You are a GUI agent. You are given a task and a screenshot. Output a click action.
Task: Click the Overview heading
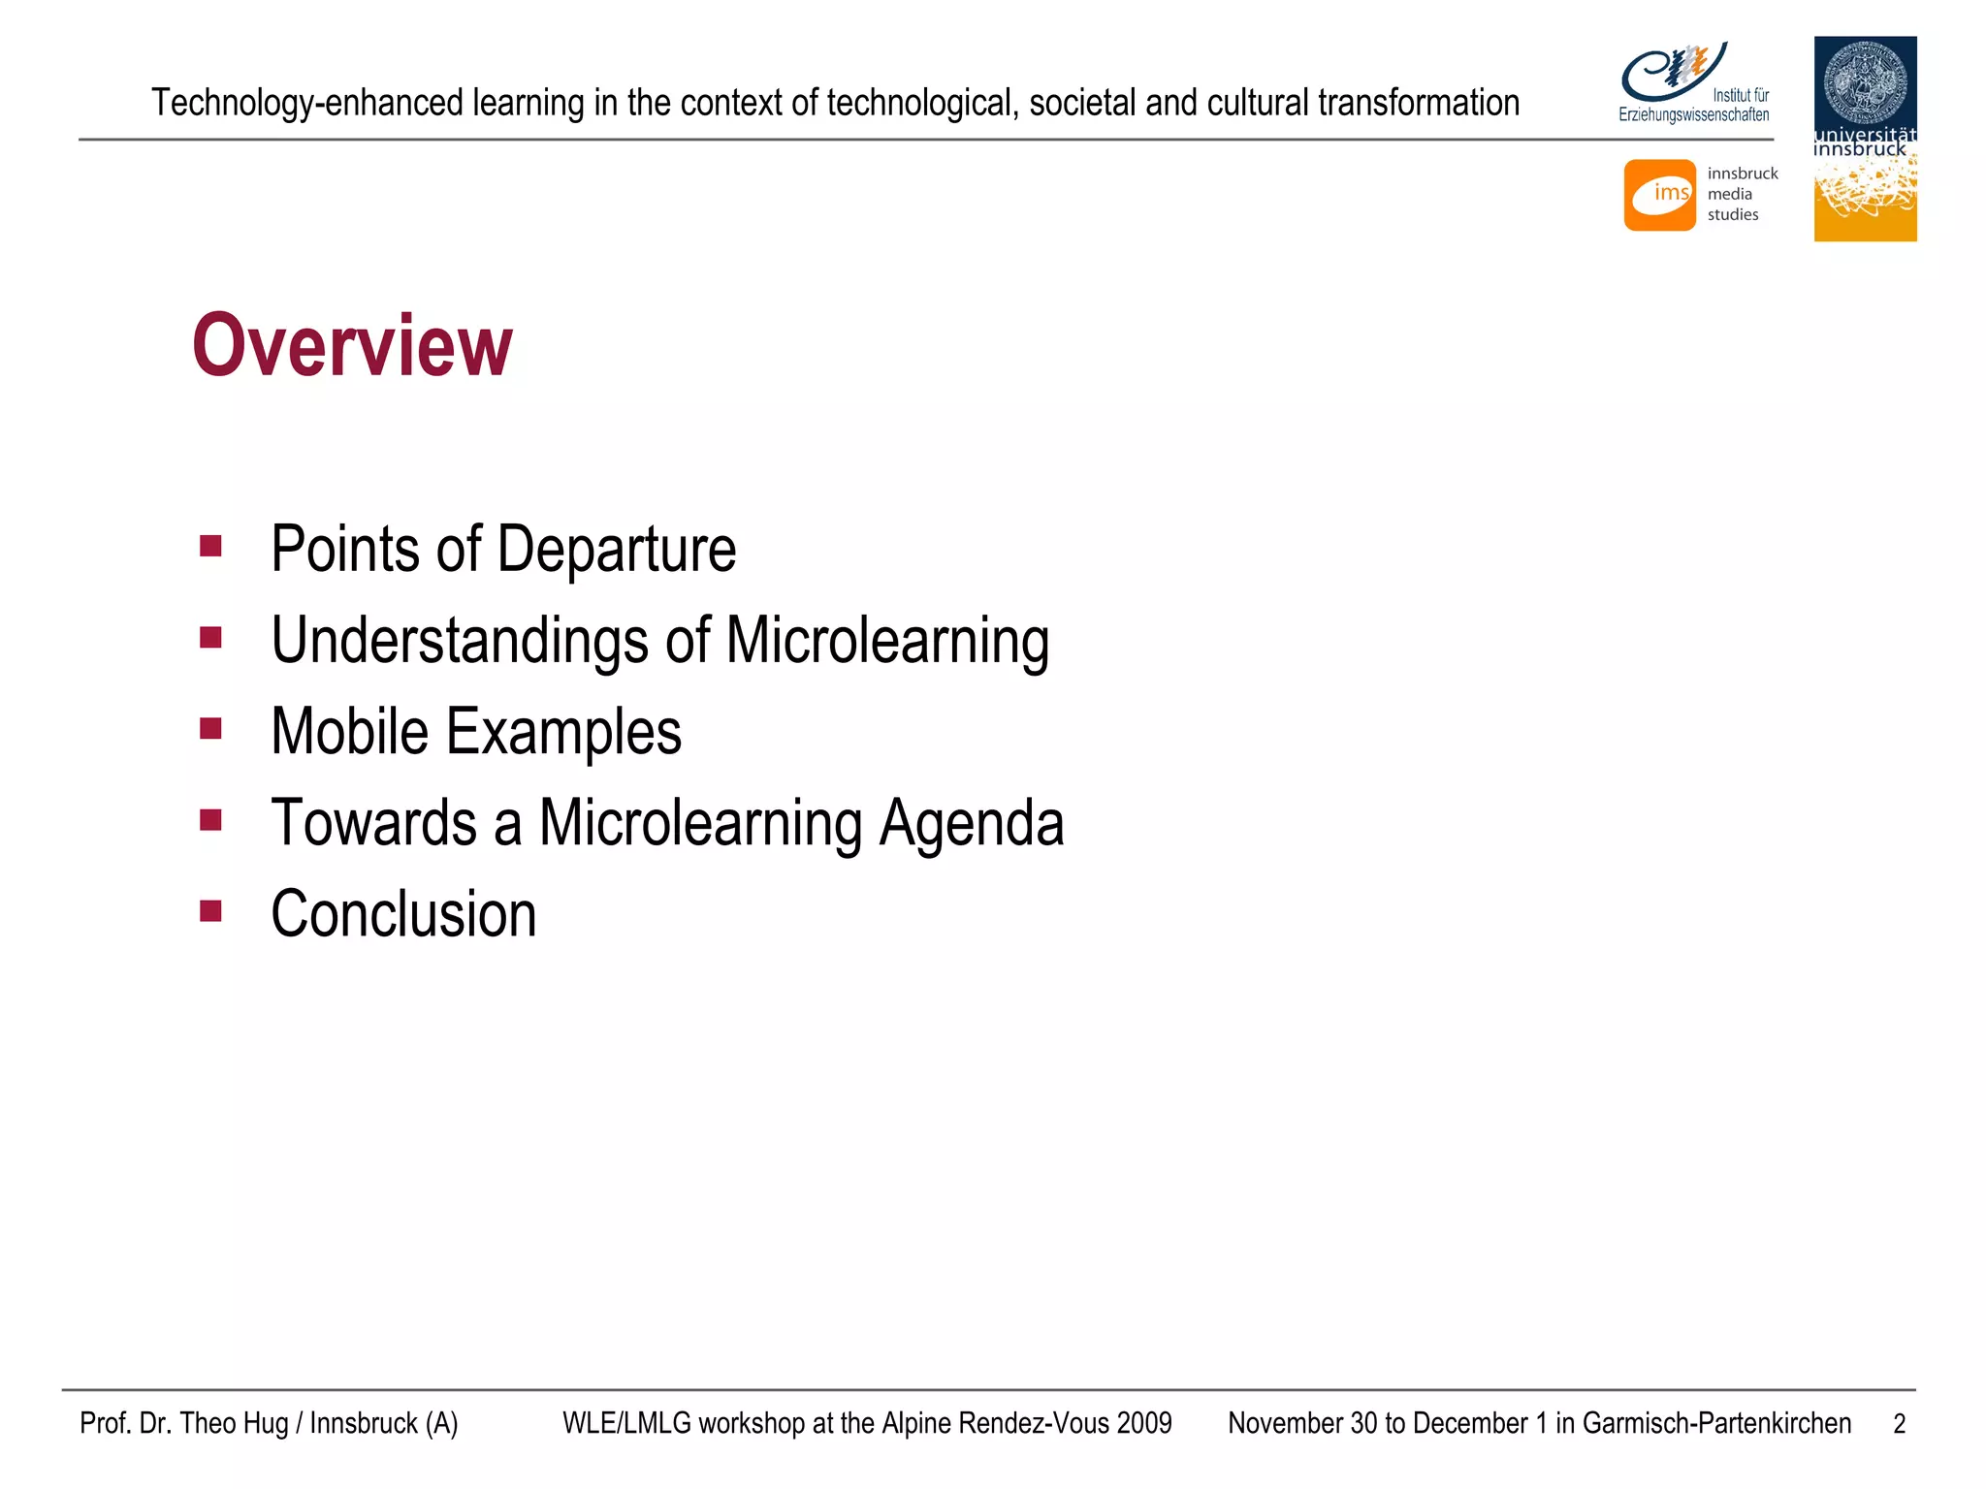(x=352, y=346)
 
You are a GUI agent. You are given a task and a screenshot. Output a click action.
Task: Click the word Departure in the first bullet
(x=617, y=550)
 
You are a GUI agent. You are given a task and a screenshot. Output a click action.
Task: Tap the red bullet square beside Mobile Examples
(x=210, y=728)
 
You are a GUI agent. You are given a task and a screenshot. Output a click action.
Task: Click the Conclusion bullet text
(x=403, y=914)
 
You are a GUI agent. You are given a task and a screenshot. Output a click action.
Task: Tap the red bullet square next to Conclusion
(x=210, y=910)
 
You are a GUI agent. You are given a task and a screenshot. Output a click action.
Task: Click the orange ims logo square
(x=1659, y=195)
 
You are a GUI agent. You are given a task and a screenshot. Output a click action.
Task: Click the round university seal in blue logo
(x=1865, y=81)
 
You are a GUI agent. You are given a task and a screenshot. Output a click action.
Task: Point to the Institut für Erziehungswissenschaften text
(x=1695, y=106)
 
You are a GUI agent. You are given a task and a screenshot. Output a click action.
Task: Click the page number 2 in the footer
(x=1899, y=1424)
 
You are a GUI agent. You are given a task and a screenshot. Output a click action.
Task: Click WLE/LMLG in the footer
(x=626, y=1423)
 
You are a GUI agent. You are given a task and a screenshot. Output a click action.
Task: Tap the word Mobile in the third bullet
(x=349, y=732)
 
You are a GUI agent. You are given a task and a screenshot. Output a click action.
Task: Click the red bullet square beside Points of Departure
(x=210, y=546)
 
